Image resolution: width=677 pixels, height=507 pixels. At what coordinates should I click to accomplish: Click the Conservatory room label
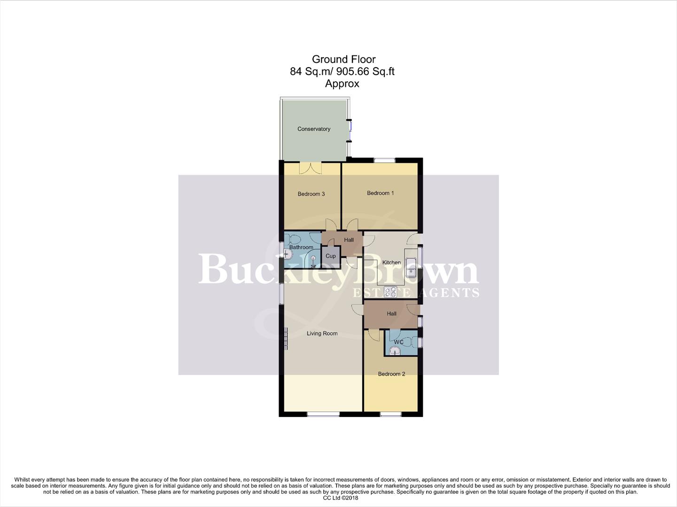coord(314,129)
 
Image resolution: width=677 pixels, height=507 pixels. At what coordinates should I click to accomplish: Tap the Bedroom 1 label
coord(380,193)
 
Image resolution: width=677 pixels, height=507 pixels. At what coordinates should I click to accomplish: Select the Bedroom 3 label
coord(311,194)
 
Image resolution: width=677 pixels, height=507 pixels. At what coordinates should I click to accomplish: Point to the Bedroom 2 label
coord(391,374)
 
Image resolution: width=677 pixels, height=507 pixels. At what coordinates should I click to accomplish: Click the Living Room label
coord(322,333)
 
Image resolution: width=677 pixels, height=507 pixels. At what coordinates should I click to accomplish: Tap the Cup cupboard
coord(331,256)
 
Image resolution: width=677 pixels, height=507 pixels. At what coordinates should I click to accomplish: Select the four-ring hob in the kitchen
coord(390,292)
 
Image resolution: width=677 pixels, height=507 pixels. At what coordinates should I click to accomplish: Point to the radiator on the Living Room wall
coord(286,338)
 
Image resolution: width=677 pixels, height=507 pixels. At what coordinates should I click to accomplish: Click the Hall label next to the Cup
coord(349,240)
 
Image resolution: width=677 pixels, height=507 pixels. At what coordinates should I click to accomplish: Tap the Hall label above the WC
coord(391,314)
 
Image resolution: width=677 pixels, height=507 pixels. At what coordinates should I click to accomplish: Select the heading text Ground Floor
coord(343,59)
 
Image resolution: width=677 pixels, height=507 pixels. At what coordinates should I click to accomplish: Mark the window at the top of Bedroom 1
coord(385,160)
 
